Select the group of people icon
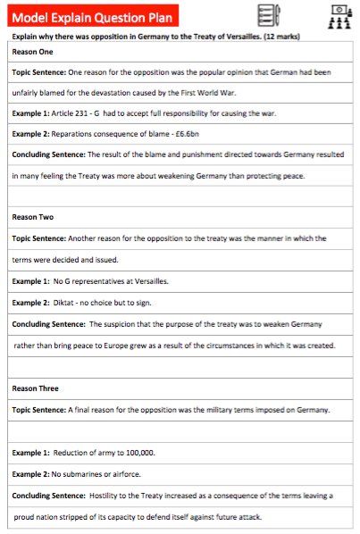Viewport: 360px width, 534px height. click(338, 15)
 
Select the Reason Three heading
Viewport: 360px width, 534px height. click(37, 388)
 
